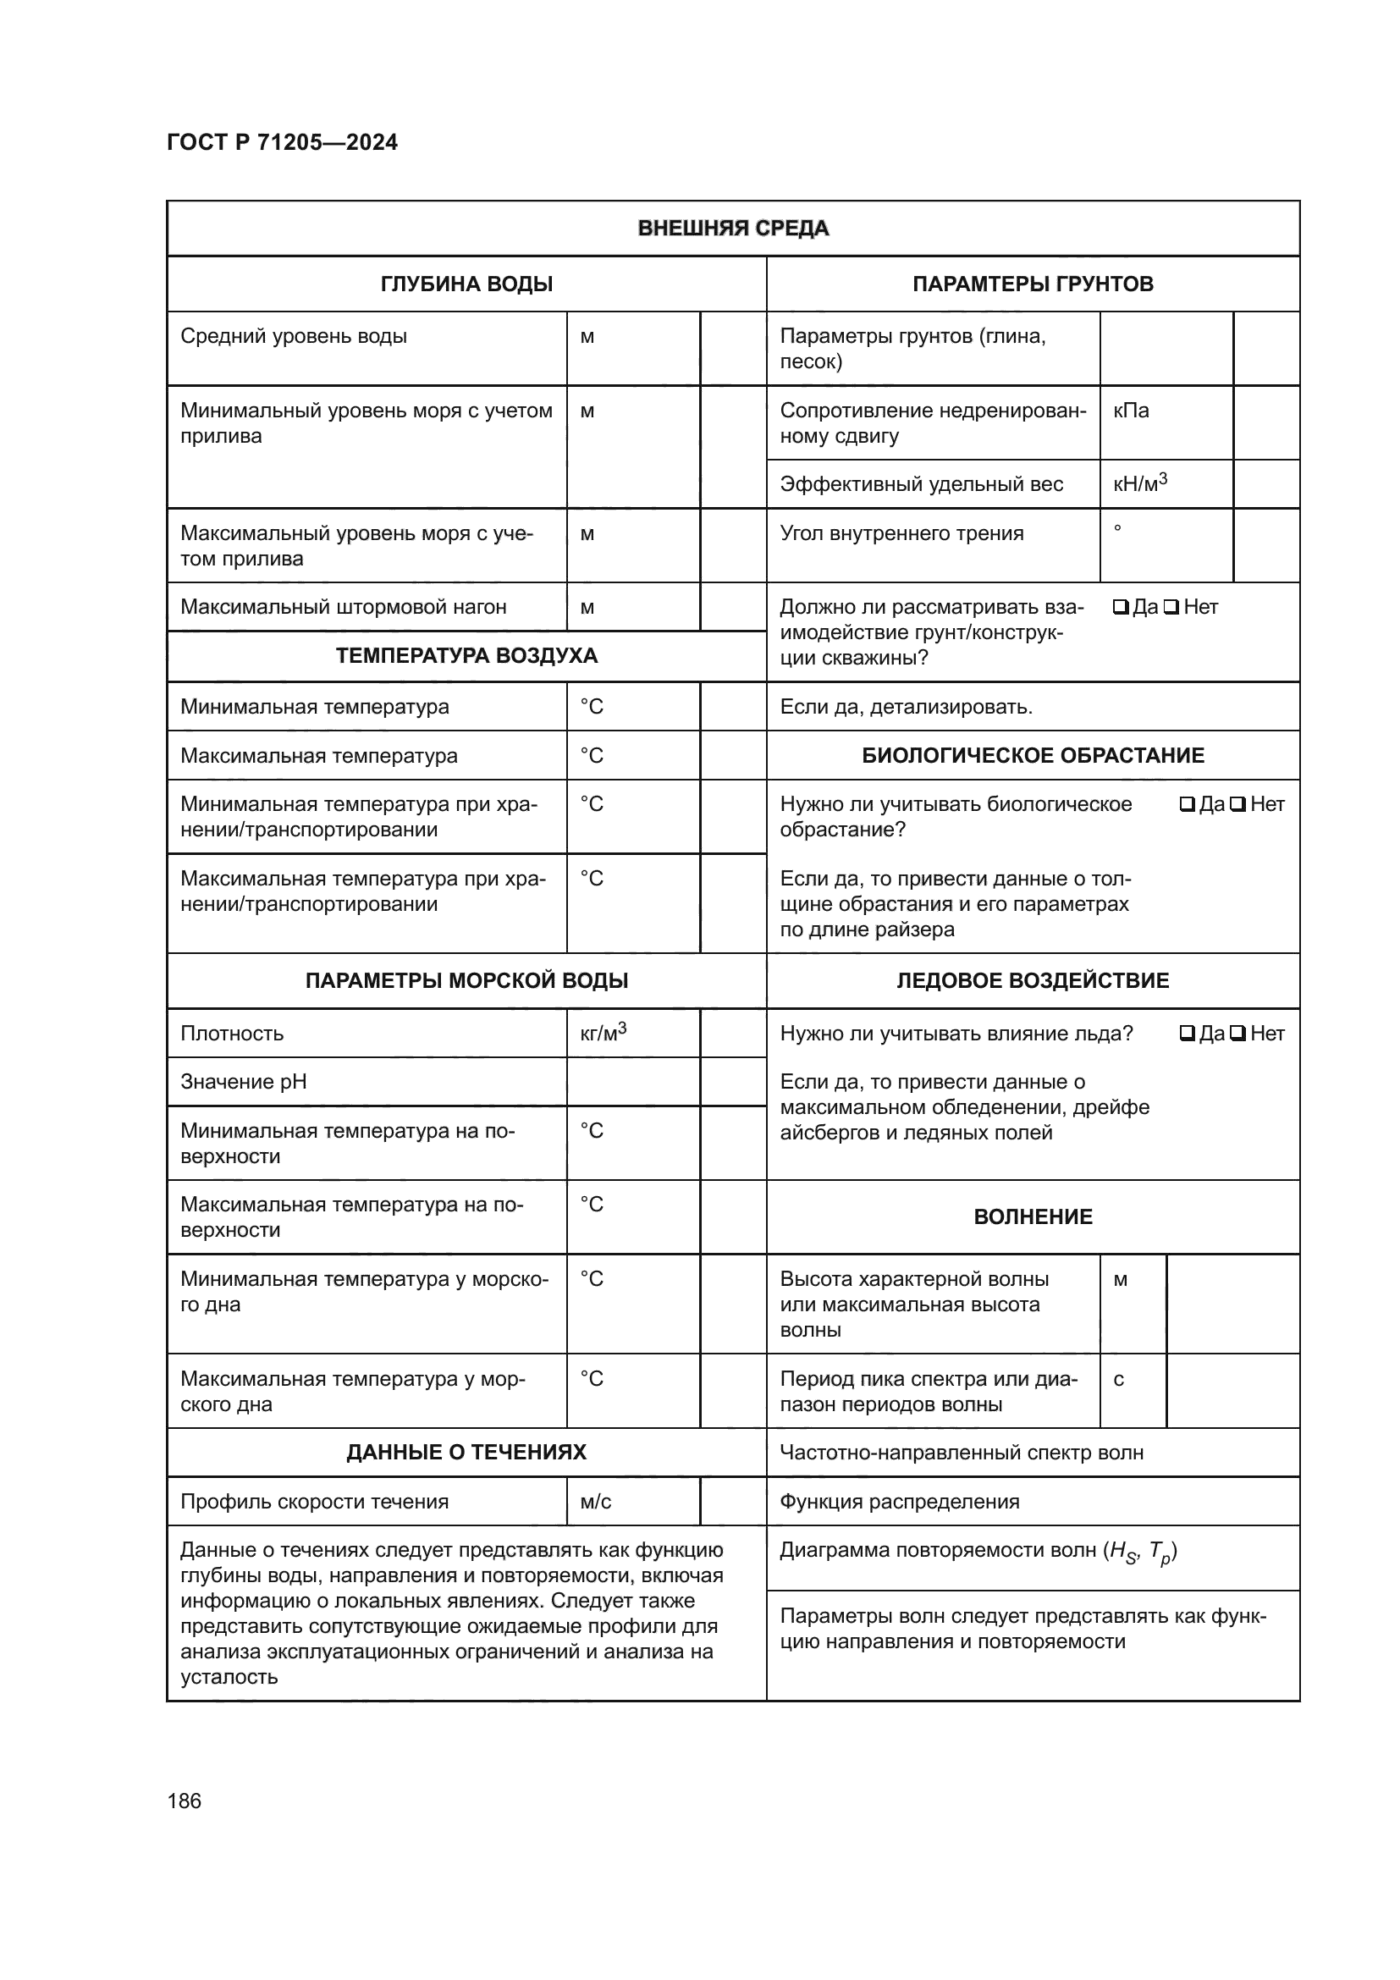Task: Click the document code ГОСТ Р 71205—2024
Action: [282, 142]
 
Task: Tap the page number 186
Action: [184, 1801]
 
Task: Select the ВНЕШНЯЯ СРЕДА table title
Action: [733, 229]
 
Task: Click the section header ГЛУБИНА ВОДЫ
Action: [466, 284]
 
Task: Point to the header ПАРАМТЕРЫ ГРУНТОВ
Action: [1032, 284]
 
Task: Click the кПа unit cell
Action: [1130, 411]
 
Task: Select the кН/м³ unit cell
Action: [1138, 484]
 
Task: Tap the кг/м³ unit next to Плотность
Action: [603, 1032]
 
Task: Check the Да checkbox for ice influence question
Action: [1186, 1033]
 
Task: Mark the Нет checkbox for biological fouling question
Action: [1237, 804]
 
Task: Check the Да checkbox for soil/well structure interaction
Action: [1120, 607]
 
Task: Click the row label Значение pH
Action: [243, 1081]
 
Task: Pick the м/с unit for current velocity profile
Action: [596, 1502]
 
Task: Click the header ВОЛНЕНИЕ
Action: [1032, 1216]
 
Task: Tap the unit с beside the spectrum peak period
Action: [1118, 1379]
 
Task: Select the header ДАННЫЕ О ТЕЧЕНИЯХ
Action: [466, 1453]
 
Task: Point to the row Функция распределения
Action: [899, 1502]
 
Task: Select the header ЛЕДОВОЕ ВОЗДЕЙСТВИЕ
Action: [1032, 980]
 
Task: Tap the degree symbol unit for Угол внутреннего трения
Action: [1117, 528]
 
